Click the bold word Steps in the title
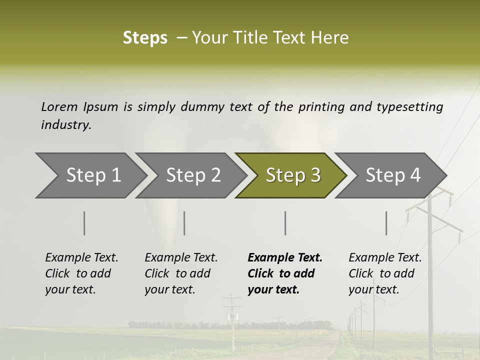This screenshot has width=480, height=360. pos(145,38)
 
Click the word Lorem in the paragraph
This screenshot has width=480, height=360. pos(59,106)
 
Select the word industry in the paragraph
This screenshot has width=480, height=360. pos(65,125)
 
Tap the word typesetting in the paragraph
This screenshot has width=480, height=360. pos(409,106)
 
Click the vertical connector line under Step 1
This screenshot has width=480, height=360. pos(84,223)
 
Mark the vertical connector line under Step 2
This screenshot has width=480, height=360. pos(184,223)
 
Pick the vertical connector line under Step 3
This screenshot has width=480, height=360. pos(285,223)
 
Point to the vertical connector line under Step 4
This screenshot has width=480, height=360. pos(386,223)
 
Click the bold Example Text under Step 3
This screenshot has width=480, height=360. pos(285,258)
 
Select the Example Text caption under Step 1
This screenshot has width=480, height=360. pos(81,258)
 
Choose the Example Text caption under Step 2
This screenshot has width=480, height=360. pos(181,258)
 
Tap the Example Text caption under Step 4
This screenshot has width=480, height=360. pos(385,258)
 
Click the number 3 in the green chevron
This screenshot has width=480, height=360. pos(315,175)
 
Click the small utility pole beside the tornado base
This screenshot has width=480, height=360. pos(232,320)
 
